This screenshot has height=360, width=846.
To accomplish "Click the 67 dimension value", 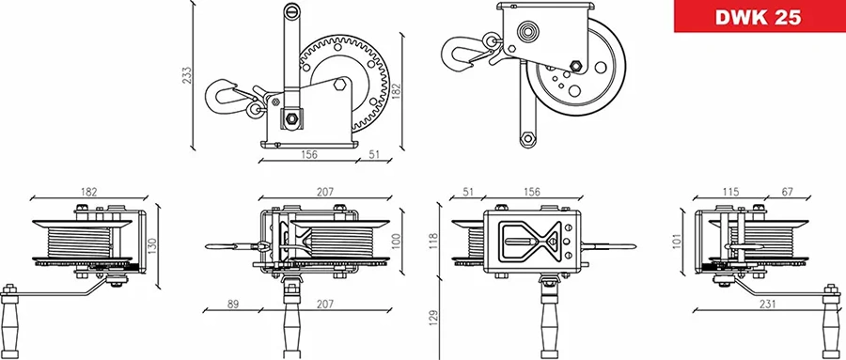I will pyautogui.click(x=787, y=192).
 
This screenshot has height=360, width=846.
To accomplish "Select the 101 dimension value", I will pyautogui.click(x=677, y=240).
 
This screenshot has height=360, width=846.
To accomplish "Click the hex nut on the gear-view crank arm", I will pyautogui.click(x=291, y=119).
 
